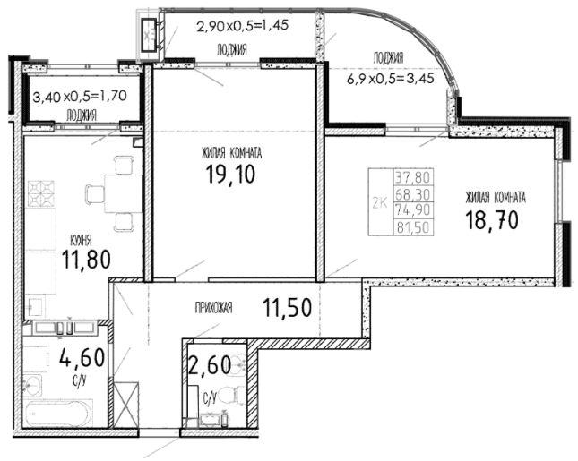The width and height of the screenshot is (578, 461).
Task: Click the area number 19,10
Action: coord(230,174)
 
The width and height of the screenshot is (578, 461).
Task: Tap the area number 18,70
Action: coord(492,220)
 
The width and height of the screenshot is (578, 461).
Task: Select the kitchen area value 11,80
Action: coord(86,260)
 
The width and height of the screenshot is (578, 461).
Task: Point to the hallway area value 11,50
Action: coord(287,308)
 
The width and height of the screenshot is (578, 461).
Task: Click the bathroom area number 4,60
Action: coord(82,357)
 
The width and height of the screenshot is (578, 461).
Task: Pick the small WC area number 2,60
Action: coord(210,365)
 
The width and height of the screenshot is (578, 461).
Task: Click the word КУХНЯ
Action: coord(81,241)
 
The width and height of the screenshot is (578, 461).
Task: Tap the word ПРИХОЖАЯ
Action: coord(214,308)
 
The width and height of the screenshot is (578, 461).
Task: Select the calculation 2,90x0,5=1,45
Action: coord(243,26)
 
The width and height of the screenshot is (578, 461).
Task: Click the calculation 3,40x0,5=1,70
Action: coord(80,97)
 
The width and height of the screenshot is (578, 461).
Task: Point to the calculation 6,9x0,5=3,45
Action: coord(391,78)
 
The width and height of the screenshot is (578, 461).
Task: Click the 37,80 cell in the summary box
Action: coord(413,177)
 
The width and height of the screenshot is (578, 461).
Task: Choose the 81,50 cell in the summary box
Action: coord(413,227)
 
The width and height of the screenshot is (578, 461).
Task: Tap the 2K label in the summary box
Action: coord(379,203)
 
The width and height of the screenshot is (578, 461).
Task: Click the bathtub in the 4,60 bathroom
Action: coord(59,414)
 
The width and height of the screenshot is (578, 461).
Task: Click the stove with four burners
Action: coord(40,193)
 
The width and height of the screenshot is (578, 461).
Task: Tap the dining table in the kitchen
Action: coord(124,193)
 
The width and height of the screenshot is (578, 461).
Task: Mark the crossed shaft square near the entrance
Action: coord(126,405)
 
